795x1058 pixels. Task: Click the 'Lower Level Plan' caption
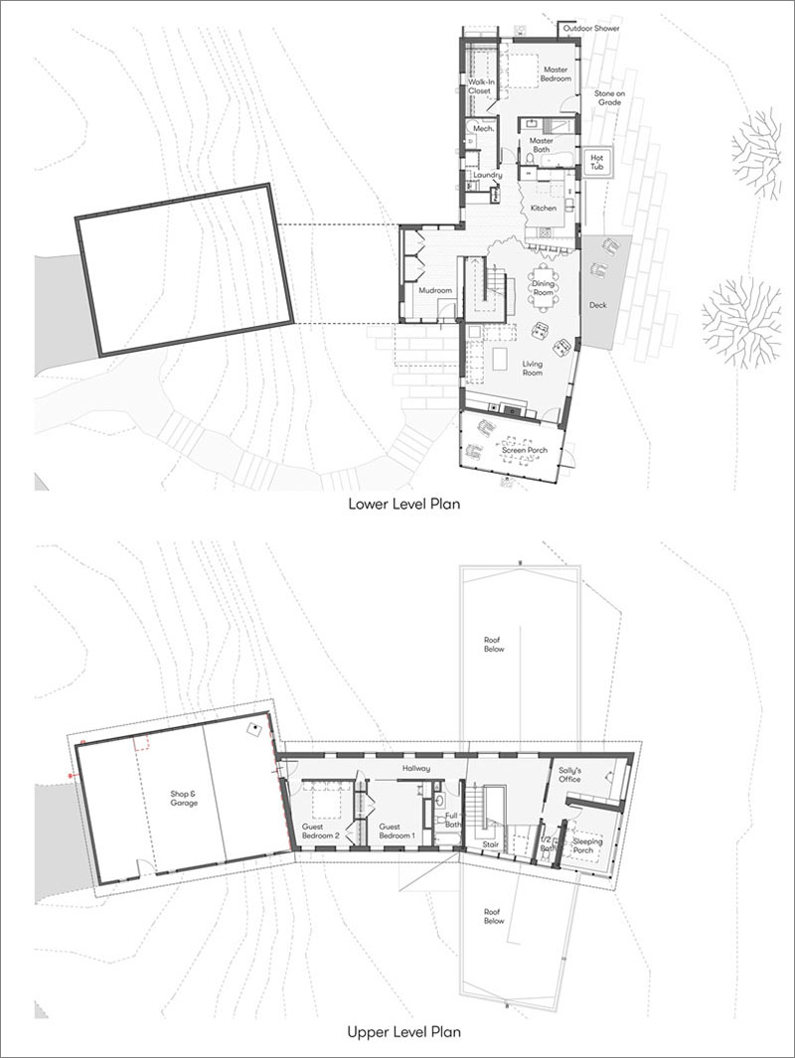pyautogui.click(x=403, y=504)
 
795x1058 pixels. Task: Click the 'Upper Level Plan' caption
pyautogui.click(x=403, y=1031)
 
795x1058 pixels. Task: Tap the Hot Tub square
pyautogui.click(x=597, y=162)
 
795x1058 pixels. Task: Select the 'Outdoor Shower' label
pyautogui.click(x=591, y=29)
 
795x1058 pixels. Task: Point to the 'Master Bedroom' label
pyautogui.click(x=556, y=75)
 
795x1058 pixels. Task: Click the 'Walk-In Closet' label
pyautogui.click(x=480, y=86)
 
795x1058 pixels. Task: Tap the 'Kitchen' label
pyautogui.click(x=544, y=209)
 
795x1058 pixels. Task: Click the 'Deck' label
pyautogui.click(x=598, y=305)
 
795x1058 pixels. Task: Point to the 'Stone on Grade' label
pyautogui.click(x=609, y=97)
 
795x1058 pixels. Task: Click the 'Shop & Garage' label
pyautogui.click(x=184, y=799)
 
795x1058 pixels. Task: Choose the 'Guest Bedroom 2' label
pyautogui.click(x=320, y=831)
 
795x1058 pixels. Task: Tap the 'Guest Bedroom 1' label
pyautogui.click(x=397, y=831)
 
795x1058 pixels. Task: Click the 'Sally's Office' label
pyautogui.click(x=569, y=775)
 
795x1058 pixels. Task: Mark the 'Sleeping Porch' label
pyautogui.click(x=586, y=846)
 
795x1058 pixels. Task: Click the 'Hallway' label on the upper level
pyautogui.click(x=416, y=769)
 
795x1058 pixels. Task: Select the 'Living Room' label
pyautogui.click(x=533, y=369)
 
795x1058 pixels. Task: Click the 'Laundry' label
pyautogui.click(x=487, y=176)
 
